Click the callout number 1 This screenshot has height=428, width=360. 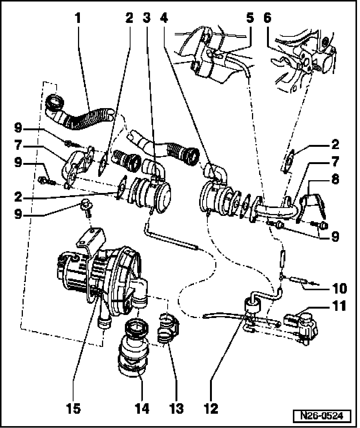[x=78, y=18]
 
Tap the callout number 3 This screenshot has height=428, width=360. [x=147, y=18]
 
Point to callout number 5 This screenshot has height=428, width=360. [x=250, y=18]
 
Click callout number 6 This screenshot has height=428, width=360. [x=267, y=18]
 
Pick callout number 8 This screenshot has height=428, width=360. [x=335, y=179]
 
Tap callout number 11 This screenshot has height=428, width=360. [x=339, y=306]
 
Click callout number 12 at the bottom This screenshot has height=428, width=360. [x=211, y=408]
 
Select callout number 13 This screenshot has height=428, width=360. [x=177, y=408]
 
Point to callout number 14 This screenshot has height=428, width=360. [x=142, y=408]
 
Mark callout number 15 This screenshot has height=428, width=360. [x=73, y=408]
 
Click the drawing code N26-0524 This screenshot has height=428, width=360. [x=322, y=416]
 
